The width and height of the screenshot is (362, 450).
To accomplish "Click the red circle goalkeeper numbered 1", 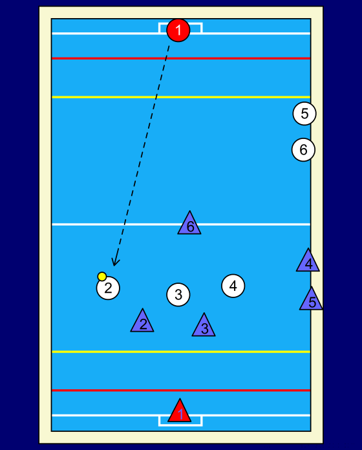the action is coord(178,30).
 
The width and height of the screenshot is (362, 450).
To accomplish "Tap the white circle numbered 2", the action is coord(108,288).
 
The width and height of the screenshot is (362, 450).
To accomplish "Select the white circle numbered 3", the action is coord(178,294).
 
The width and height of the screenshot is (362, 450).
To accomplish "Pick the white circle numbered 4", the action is coord(233,286).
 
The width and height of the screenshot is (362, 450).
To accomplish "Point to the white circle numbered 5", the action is coord(304,114).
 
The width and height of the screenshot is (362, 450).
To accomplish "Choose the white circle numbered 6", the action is coord(303,149).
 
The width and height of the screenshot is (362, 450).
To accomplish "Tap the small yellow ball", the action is coord(102,276).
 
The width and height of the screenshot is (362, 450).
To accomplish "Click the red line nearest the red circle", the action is coord(181,59).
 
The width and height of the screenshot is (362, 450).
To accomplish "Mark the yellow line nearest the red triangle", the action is coord(181,352).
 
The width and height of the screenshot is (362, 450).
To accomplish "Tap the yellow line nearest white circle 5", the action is coord(181,97).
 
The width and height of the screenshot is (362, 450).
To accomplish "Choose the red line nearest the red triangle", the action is coord(181,391).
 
